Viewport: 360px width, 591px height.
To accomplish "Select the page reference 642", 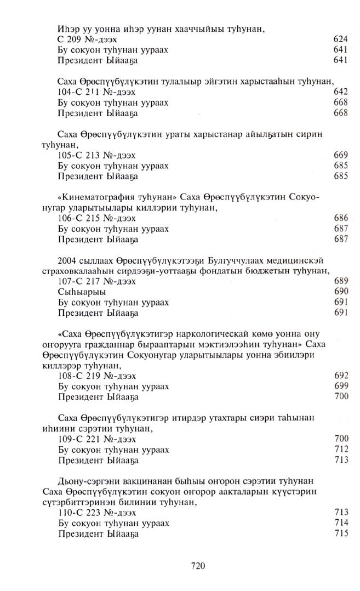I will tap(341, 92).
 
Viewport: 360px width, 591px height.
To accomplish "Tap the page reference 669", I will tap(341, 155).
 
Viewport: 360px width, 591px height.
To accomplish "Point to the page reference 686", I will tap(341, 218).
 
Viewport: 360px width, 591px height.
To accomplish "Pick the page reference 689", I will tap(341, 281).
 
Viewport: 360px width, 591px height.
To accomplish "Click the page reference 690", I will tap(341, 292).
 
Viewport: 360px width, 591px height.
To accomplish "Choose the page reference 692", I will tap(341, 376).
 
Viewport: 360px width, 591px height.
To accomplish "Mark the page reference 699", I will tap(341, 386).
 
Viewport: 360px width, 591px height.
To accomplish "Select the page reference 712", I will tap(341, 450).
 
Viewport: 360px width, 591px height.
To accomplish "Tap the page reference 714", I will tap(341, 523).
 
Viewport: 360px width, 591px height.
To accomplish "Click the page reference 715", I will tap(341, 533).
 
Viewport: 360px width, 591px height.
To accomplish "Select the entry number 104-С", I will tap(70, 92).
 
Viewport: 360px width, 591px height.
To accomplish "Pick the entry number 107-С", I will tap(70, 281).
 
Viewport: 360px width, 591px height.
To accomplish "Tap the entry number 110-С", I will tap(70, 513).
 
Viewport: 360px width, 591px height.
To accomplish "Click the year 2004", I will tap(67, 260).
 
